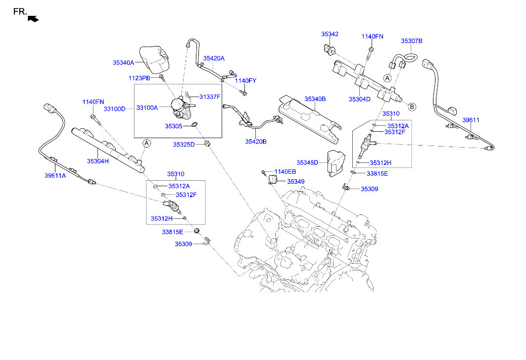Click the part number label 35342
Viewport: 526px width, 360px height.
pyautogui.click(x=330, y=34)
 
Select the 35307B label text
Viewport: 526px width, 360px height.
pyautogui.click(x=411, y=42)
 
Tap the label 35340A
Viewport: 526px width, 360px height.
pyautogui.click(x=123, y=63)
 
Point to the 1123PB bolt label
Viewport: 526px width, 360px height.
pyautogui.click(x=139, y=78)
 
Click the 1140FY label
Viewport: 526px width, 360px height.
pyautogui.click(x=246, y=81)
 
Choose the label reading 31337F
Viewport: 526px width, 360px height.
pyautogui.click(x=210, y=97)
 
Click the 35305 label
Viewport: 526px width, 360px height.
pyautogui.click(x=174, y=126)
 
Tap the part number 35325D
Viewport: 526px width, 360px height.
pyautogui.click(x=184, y=145)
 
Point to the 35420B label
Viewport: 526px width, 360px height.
pyautogui.click(x=255, y=141)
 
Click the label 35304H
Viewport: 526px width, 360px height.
pyautogui.click(x=98, y=161)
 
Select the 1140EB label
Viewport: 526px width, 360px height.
pyautogui.click(x=285, y=172)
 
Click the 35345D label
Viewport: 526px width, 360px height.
pyautogui.click(x=307, y=162)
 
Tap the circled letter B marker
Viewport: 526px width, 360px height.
pyautogui.click(x=412, y=106)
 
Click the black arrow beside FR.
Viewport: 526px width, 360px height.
pyautogui.click(x=33, y=19)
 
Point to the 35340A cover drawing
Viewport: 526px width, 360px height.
pyautogui.click(x=154, y=60)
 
